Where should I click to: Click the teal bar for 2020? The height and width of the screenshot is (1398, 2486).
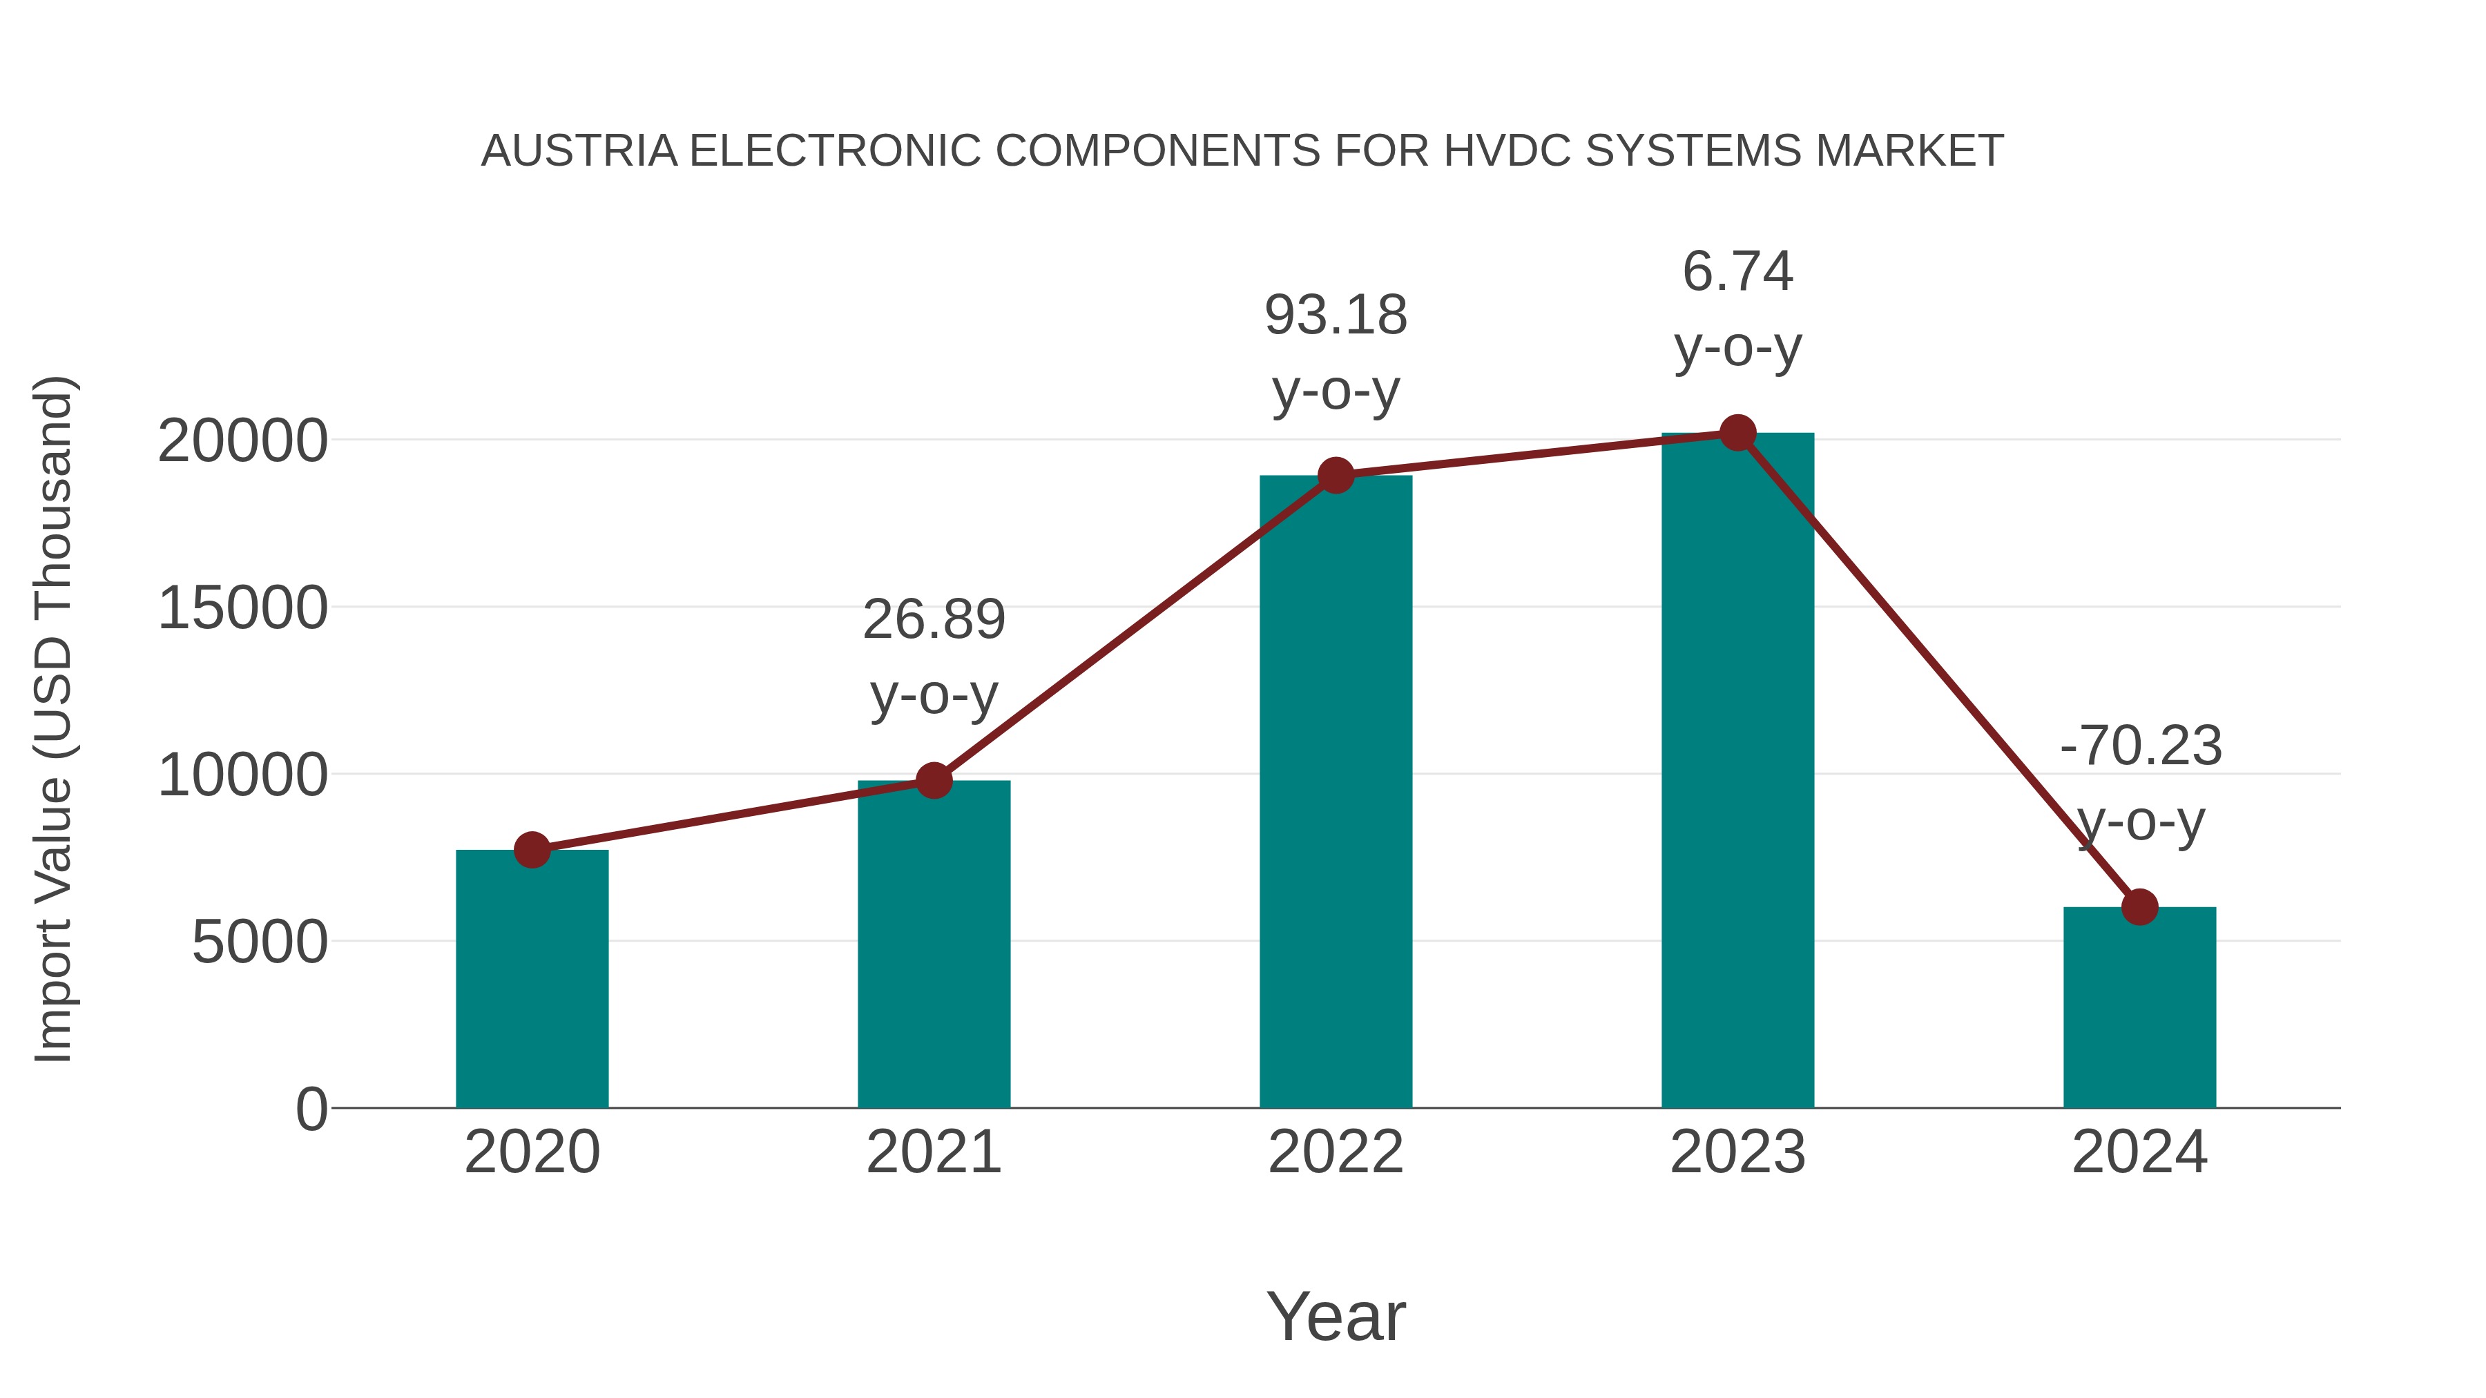(x=532, y=979)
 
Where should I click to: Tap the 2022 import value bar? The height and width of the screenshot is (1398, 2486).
(x=1336, y=791)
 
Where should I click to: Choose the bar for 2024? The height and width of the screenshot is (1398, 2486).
(x=2139, y=1007)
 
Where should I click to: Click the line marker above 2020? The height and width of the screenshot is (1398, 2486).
(x=532, y=850)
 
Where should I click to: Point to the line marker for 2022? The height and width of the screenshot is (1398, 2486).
(x=1336, y=476)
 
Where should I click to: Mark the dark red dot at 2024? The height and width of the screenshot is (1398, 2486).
(x=2139, y=907)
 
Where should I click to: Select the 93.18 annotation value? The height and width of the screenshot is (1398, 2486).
(x=1336, y=315)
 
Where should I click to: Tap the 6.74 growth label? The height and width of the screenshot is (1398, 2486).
(x=1737, y=271)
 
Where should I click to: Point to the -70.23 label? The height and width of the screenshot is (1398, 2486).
(x=2139, y=746)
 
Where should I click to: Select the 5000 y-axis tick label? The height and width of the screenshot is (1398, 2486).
(x=259, y=942)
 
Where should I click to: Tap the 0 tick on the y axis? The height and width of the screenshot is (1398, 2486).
(x=311, y=1109)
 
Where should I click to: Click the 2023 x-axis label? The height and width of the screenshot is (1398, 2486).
(x=1737, y=1152)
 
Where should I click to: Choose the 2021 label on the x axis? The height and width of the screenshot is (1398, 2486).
(x=933, y=1152)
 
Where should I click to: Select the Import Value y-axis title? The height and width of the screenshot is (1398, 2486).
(x=53, y=719)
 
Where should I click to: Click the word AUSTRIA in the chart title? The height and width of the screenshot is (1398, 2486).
(x=579, y=151)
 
